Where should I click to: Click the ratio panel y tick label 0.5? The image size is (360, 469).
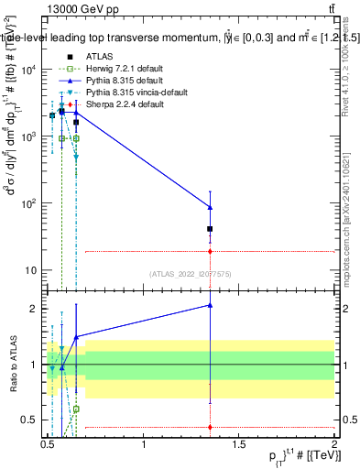pyautogui.click(x=31, y=420)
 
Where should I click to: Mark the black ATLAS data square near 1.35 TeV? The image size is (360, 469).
pyautogui.click(x=211, y=229)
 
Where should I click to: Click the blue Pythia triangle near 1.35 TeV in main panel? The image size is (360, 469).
pyautogui.click(x=211, y=207)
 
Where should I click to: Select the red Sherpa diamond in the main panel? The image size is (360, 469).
pyautogui.click(x=211, y=251)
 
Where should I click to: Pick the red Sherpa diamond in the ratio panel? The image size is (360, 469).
pyautogui.click(x=211, y=427)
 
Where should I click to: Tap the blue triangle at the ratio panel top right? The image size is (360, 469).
pyautogui.click(x=211, y=305)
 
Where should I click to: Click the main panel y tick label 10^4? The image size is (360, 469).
pyautogui.click(x=29, y=70)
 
